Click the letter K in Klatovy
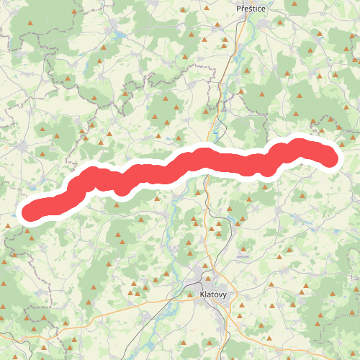201,294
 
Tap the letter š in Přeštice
248,8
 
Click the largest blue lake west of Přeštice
117,33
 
